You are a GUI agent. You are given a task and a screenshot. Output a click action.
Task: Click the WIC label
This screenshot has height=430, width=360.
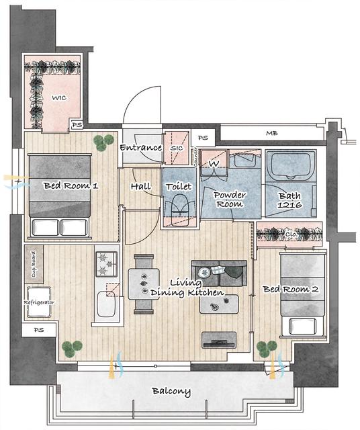[x=58, y=97]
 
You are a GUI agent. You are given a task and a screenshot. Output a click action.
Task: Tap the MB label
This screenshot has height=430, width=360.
[x=271, y=134]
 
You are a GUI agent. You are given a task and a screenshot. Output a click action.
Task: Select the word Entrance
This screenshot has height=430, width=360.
[x=140, y=148]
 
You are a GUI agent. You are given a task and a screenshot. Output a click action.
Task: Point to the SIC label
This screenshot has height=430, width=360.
[x=177, y=148]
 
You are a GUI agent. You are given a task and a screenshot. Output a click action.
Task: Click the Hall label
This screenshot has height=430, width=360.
[x=141, y=186]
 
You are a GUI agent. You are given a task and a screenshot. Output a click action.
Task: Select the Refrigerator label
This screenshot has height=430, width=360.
[x=39, y=302]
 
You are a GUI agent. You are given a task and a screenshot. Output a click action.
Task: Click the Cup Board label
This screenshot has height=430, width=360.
[x=32, y=265]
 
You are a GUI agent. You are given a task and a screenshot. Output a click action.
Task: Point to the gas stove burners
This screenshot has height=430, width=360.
[x=106, y=263]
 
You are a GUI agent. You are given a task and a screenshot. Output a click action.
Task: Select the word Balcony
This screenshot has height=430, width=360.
[x=171, y=391]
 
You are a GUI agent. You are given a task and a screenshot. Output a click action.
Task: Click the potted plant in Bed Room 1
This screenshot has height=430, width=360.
[x=103, y=141]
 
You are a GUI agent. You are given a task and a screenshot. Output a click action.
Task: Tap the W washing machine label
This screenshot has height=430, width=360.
[x=214, y=163]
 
